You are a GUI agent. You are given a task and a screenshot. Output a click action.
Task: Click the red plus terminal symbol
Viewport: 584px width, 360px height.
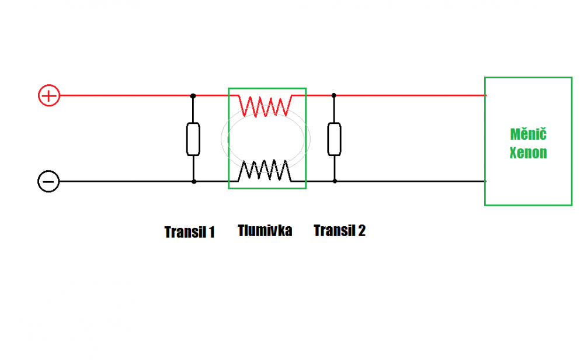pos(49,96)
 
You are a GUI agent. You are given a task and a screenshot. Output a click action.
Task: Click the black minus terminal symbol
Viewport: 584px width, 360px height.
pos(48,182)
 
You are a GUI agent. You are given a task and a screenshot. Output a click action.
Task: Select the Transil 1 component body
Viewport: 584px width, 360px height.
pos(193,139)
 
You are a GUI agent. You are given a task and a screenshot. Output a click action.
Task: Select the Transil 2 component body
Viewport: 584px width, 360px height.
pos(335,139)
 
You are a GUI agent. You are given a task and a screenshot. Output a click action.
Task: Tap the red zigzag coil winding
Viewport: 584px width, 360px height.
pos(265,106)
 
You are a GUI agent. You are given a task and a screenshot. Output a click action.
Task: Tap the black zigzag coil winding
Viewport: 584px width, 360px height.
pos(265,171)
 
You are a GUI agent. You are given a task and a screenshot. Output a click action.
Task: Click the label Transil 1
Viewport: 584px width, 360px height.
pos(190,232)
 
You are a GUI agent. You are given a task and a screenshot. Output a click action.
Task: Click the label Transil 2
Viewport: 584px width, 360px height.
pos(340,231)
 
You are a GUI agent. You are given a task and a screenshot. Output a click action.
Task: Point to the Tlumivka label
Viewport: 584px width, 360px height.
pos(265,230)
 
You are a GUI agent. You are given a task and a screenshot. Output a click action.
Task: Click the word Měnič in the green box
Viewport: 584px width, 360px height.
pos(528,134)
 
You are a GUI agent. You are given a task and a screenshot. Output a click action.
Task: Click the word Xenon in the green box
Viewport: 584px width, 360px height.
pos(528,153)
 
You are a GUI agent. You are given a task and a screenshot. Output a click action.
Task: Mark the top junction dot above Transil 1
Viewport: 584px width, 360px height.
pos(193,96)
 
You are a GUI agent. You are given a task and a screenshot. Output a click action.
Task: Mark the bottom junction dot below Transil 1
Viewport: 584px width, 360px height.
pos(194,182)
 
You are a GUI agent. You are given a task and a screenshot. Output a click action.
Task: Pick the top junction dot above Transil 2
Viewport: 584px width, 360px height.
pos(333,95)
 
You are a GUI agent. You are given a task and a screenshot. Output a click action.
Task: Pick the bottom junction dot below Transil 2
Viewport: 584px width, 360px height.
pos(335,181)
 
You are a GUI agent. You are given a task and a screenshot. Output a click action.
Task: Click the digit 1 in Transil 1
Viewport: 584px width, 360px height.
pos(212,232)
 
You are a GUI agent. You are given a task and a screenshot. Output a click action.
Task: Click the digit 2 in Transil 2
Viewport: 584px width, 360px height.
pos(361,231)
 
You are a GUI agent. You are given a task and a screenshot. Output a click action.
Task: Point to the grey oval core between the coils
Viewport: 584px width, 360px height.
pos(221,139)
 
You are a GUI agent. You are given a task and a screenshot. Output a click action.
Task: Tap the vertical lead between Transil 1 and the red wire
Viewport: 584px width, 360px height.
pos(193,109)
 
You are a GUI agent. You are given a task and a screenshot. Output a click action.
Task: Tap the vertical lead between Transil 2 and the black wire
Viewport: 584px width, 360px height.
pos(335,168)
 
